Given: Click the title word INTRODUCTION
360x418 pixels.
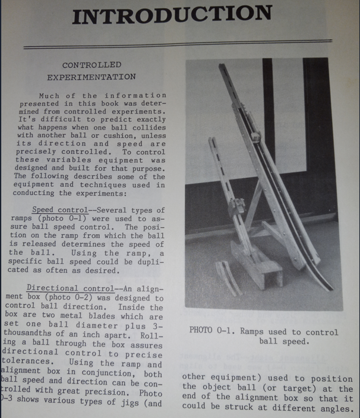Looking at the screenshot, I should click(x=172, y=15).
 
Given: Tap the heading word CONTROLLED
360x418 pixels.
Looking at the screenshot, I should click(x=92, y=64).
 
